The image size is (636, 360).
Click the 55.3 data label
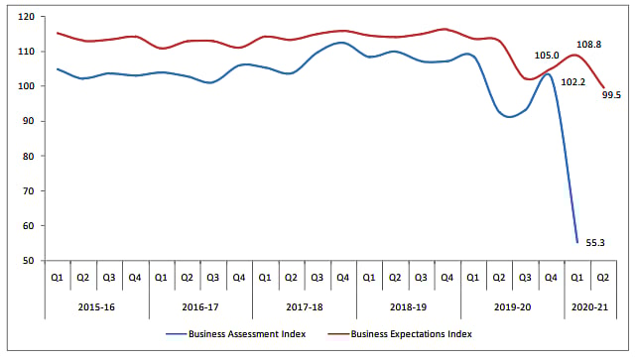595,241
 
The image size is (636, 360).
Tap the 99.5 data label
612,95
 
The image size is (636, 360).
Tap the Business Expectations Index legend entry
410,334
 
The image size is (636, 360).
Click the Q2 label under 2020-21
602,278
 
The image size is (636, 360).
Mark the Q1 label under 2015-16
58,278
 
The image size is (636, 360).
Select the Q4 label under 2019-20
550,278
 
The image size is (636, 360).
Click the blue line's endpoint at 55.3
576,242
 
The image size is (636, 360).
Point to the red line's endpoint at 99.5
602,88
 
